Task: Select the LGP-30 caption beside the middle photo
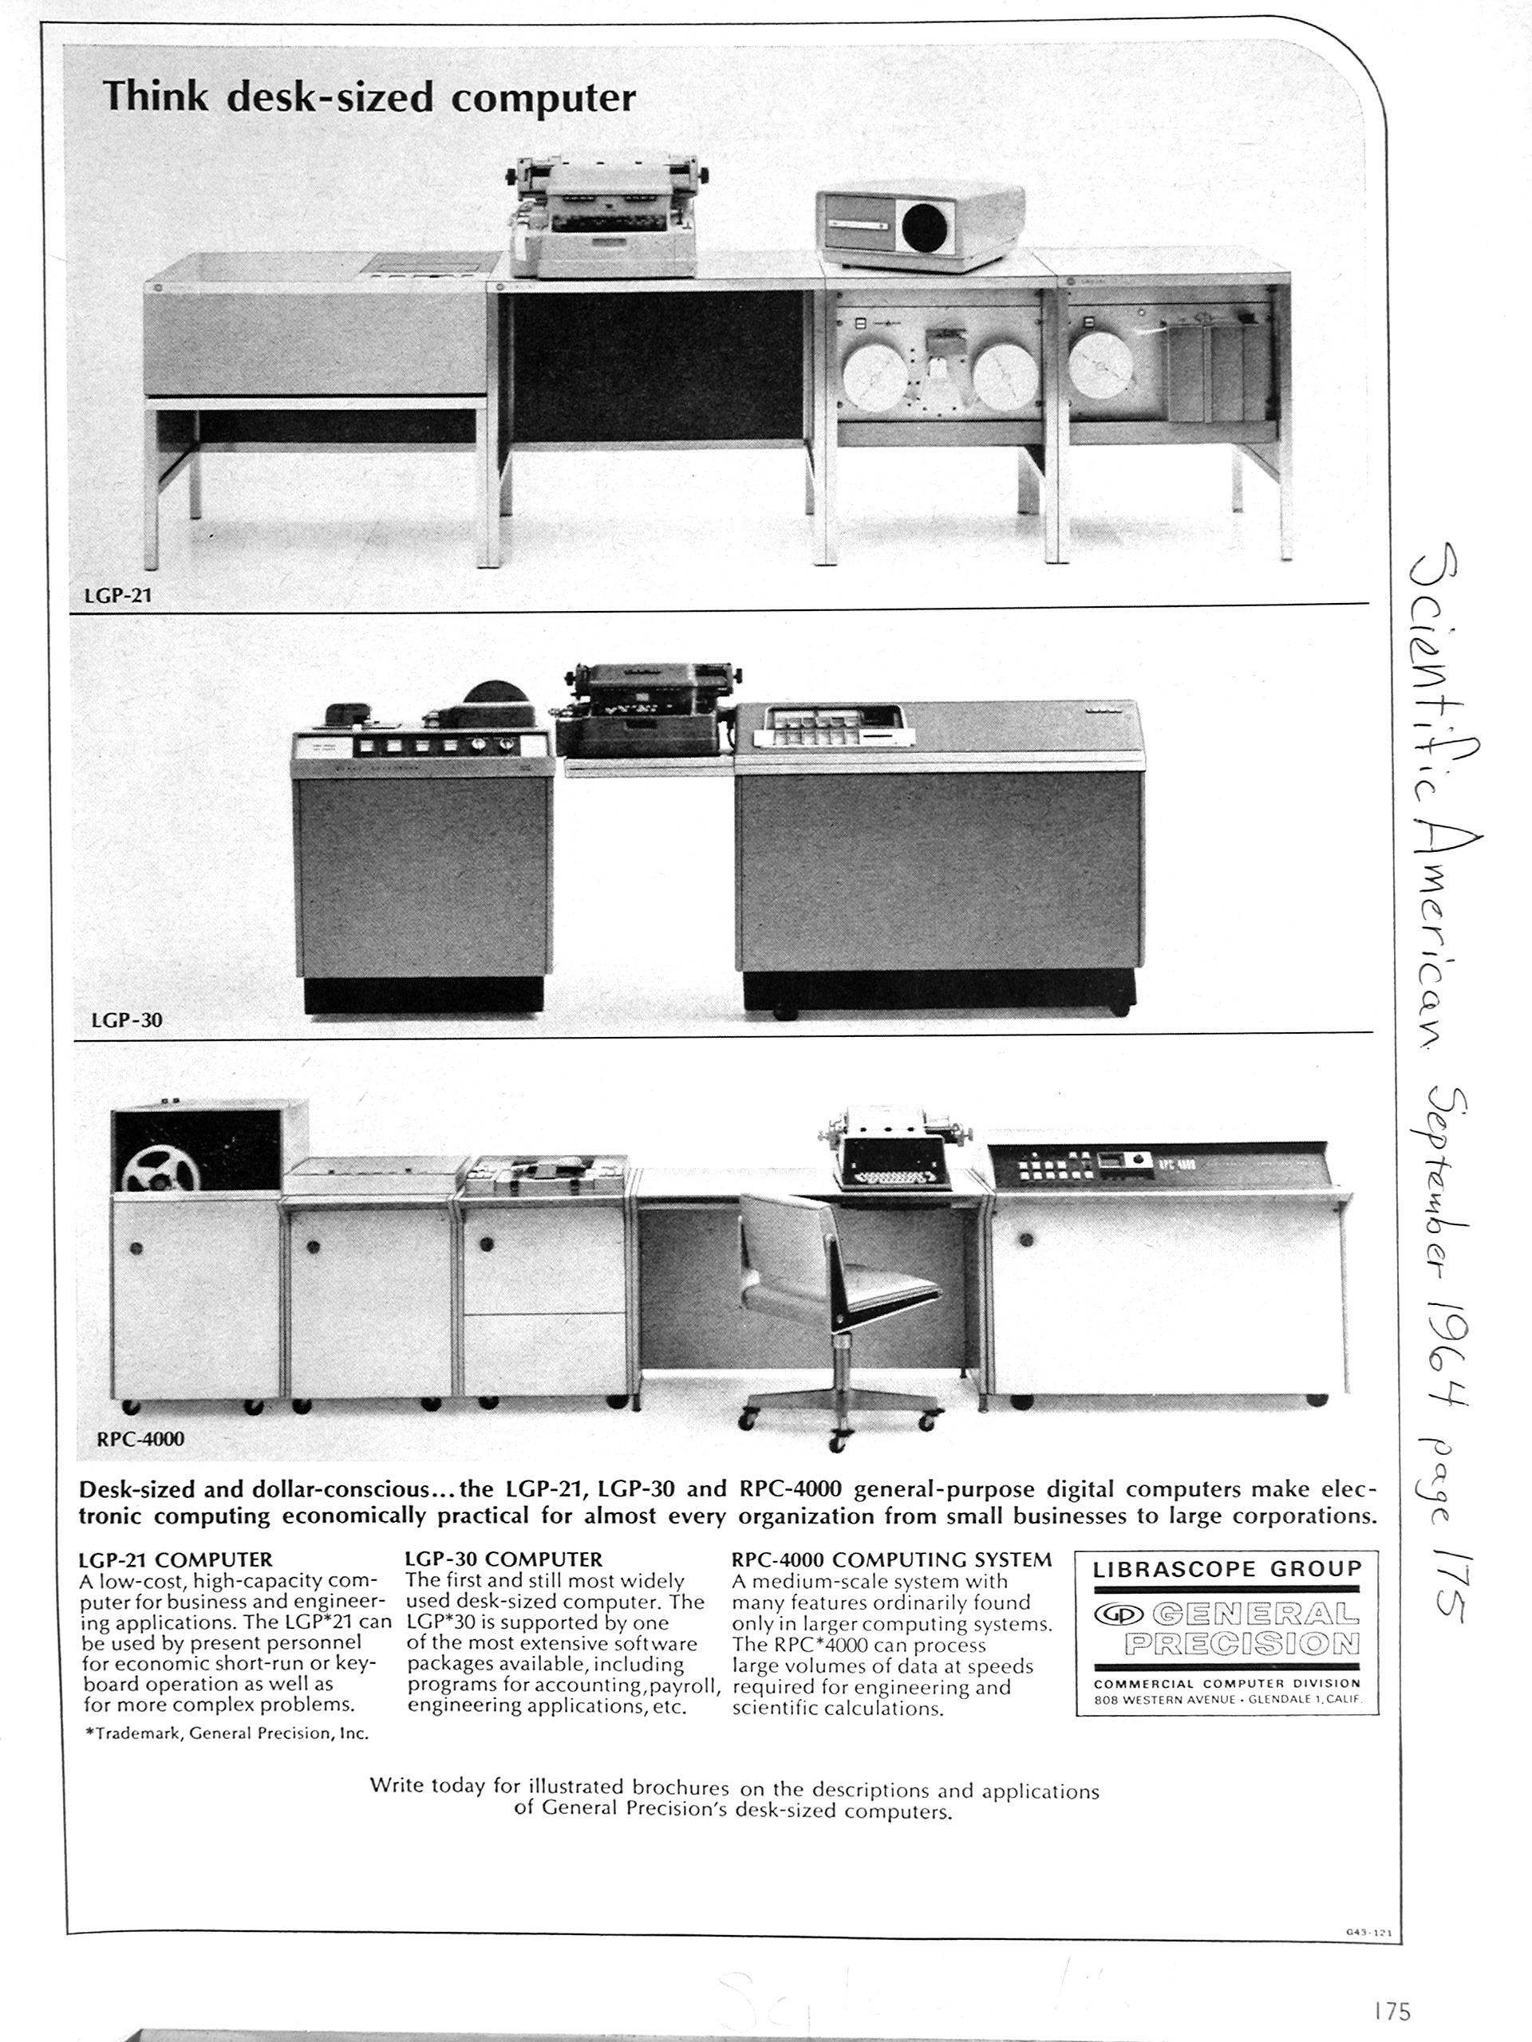pyautogui.click(x=127, y=1020)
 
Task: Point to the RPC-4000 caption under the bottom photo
pyautogui.click(x=140, y=1438)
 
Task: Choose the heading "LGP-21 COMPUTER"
pyautogui.click(x=176, y=1560)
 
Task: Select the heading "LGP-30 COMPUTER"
pyautogui.click(x=503, y=1560)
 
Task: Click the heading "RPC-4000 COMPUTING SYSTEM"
pyautogui.click(x=891, y=1560)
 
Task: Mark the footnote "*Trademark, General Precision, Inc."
pyautogui.click(x=227, y=1733)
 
